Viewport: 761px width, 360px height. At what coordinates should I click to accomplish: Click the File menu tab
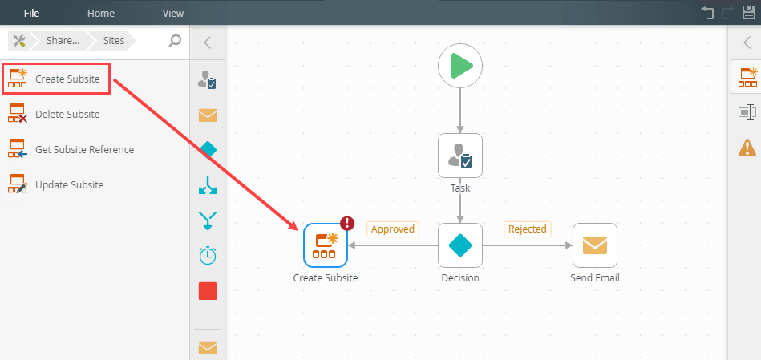point(32,13)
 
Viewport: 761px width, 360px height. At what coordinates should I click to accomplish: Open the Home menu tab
point(101,13)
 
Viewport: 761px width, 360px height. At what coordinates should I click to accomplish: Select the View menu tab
point(173,13)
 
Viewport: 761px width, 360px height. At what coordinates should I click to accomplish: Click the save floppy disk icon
point(749,13)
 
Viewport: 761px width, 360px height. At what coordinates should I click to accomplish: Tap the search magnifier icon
point(175,41)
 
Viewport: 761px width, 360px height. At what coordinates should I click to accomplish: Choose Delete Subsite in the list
point(67,115)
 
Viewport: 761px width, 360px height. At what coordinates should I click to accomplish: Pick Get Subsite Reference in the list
point(84,150)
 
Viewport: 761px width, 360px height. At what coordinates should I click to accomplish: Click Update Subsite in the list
point(69,185)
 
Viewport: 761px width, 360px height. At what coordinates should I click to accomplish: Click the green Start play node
point(460,65)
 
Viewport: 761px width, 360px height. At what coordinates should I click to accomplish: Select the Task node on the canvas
point(460,155)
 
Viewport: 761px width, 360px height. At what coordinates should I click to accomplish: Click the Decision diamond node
point(460,245)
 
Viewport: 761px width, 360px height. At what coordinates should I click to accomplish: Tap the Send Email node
point(595,245)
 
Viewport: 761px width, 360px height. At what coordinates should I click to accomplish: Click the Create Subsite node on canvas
point(325,245)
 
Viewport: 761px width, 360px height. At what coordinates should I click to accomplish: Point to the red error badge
point(347,224)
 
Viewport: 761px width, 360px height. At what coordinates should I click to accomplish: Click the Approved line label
point(393,229)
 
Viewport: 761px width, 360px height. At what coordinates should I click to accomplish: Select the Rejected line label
point(528,229)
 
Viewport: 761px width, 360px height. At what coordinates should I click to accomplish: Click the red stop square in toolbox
point(208,291)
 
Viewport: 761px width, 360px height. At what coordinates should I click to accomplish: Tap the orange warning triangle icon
point(747,148)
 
